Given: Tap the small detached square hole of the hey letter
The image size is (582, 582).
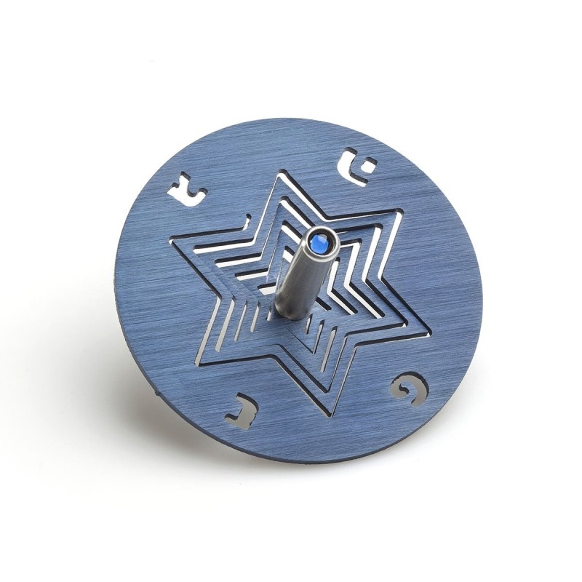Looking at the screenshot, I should click(369, 163).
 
